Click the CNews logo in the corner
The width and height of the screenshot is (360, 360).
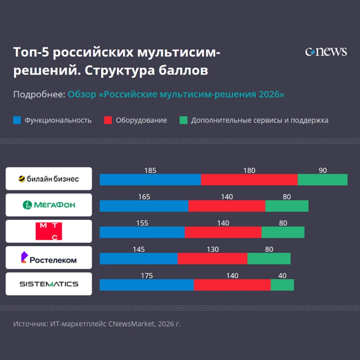click(x=326, y=52)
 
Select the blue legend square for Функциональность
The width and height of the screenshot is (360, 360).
click(x=17, y=120)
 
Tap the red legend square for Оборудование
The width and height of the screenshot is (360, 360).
click(x=108, y=120)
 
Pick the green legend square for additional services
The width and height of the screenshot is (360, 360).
click(x=183, y=120)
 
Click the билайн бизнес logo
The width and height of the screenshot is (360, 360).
click(x=49, y=178)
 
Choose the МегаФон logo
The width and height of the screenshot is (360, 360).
click(x=49, y=205)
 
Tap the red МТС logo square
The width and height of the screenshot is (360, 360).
click(x=49, y=231)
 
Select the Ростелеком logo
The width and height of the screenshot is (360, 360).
click(x=49, y=258)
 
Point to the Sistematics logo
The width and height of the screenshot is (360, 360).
click(x=49, y=284)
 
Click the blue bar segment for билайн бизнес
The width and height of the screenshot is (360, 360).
click(x=150, y=179)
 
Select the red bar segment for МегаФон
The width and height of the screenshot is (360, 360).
click(x=227, y=206)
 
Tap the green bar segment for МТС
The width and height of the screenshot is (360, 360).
click(x=283, y=233)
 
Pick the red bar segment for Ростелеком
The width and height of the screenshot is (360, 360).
click(x=212, y=258)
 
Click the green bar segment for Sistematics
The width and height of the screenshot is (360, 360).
click(x=282, y=285)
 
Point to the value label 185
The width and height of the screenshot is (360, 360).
click(x=150, y=171)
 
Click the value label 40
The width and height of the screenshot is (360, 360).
click(x=282, y=276)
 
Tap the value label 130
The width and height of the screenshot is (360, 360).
click(x=213, y=249)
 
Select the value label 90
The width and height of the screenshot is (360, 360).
click(x=323, y=171)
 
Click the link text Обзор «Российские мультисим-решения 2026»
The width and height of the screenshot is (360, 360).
click(x=176, y=95)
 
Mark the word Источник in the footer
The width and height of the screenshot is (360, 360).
click(x=30, y=324)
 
